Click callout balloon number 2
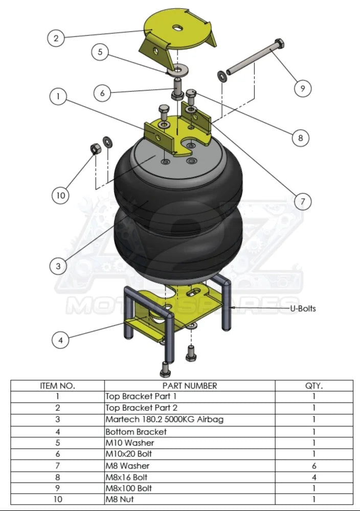56,38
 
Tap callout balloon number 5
100,52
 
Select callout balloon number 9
303,88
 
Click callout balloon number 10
60,195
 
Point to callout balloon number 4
61,340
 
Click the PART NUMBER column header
189,386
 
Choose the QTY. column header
313,386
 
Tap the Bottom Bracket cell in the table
136,431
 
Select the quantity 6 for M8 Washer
313,466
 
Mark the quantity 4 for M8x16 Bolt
313,477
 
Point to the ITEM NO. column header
57,386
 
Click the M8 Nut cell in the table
119,499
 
